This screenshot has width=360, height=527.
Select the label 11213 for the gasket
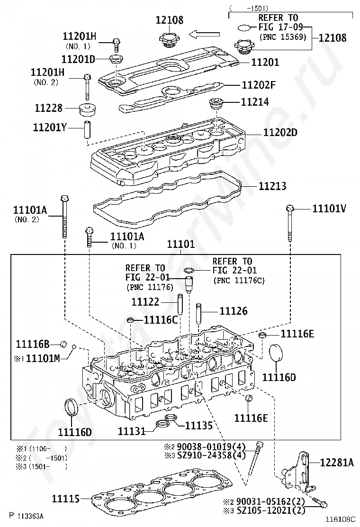tap(272, 186)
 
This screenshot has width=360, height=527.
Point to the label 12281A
tap(337, 463)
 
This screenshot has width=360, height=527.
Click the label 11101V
tap(329, 209)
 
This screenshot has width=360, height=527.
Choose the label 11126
tap(233, 311)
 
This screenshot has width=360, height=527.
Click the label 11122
tap(145, 301)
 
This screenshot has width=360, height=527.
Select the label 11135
tap(199, 425)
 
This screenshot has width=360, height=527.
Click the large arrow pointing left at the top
tap(205, 34)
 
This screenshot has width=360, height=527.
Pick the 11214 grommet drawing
tap(216, 103)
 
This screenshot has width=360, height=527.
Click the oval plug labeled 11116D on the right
tap(276, 354)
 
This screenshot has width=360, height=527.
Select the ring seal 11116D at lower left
tap(72, 408)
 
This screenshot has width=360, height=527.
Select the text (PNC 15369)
tap(283, 36)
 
